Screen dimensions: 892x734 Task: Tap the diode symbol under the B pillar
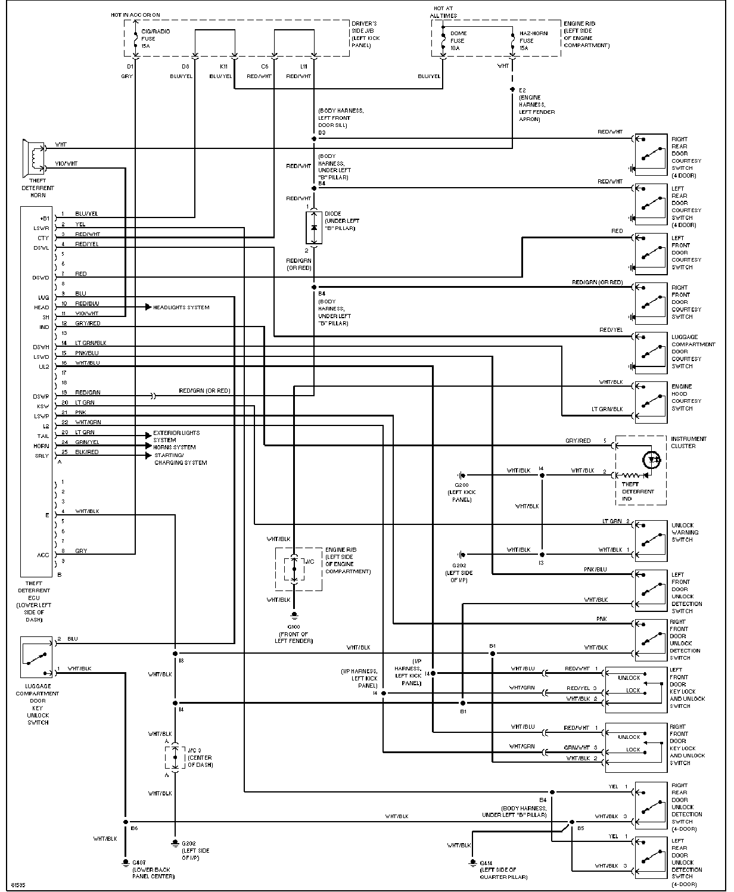click(x=314, y=227)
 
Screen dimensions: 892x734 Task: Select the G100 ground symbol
click(x=294, y=616)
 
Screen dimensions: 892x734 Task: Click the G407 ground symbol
click(x=125, y=862)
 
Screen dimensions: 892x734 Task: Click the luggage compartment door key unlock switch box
click(x=37, y=657)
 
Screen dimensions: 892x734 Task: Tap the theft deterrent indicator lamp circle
click(x=654, y=459)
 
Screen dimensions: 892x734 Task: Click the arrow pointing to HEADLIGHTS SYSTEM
click(x=148, y=307)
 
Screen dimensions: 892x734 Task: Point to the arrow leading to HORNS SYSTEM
click(x=148, y=446)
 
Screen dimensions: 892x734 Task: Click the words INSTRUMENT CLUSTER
click(x=688, y=442)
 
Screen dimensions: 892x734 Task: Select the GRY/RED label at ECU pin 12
click(x=88, y=324)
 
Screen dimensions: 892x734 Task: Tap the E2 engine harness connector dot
click(x=512, y=89)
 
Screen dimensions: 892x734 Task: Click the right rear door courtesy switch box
click(x=651, y=154)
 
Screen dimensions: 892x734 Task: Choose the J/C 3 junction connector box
click(x=175, y=757)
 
